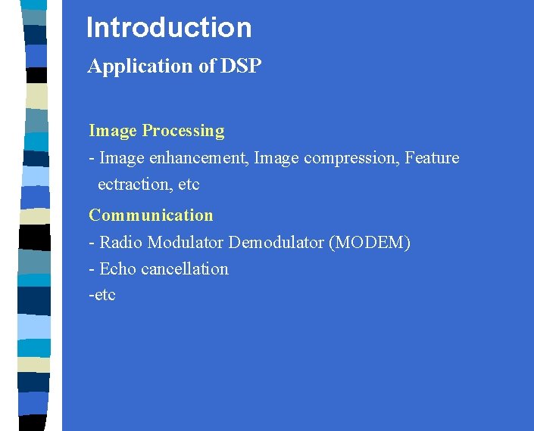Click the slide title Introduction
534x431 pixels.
[169, 28]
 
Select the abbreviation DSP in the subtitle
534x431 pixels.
[241, 67]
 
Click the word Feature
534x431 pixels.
[432, 158]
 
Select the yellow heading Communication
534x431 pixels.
[151, 215]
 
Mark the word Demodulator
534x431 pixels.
[276, 243]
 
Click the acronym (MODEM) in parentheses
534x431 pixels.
[369, 243]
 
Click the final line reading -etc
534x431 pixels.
[102, 295]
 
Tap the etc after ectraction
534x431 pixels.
[189, 184]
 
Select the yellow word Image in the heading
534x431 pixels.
[113, 131]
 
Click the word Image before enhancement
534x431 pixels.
[121, 158]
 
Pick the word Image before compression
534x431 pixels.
[275, 158]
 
